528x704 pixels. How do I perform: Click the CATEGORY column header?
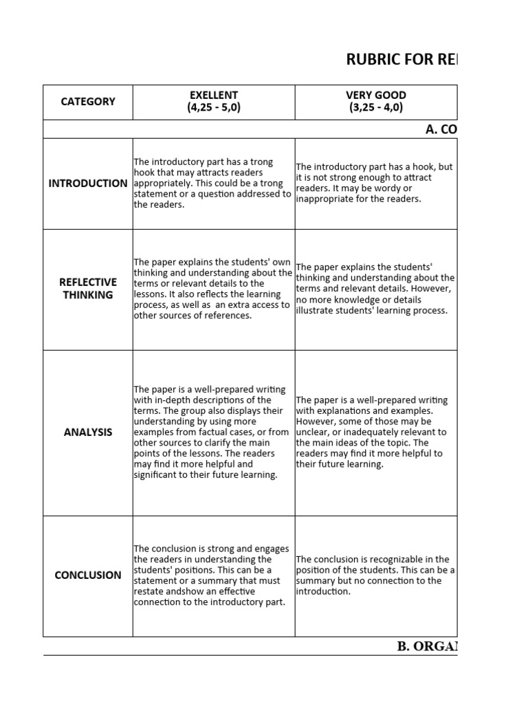coord(88,102)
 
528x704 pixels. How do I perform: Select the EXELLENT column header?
coord(214,95)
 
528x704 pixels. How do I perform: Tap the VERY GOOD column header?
coord(376,95)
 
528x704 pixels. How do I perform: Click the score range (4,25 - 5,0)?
coord(214,108)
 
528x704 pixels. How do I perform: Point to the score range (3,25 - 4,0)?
coord(376,108)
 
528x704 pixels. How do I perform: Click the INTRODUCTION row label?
coord(88,184)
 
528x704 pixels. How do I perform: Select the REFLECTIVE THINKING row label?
coord(88,289)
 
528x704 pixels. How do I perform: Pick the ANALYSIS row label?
coord(88,432)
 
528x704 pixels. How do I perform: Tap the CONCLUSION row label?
coord(88,575)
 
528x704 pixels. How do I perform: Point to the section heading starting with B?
coord(426,646)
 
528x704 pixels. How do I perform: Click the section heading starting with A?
coord(441,129)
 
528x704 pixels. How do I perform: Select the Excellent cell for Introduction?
coord(213,184)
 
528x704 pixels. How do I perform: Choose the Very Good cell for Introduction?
coord(375,184)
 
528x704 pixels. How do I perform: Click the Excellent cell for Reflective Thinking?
coord(213,289)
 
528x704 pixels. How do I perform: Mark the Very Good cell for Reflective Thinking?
coord(375,289)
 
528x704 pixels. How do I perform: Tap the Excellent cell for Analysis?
coord(213,432)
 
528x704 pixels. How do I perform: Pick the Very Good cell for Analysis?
coord(375,432)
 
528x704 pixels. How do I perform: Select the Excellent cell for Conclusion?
coord(213,575)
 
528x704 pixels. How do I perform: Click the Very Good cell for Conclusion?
coord(375,575)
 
